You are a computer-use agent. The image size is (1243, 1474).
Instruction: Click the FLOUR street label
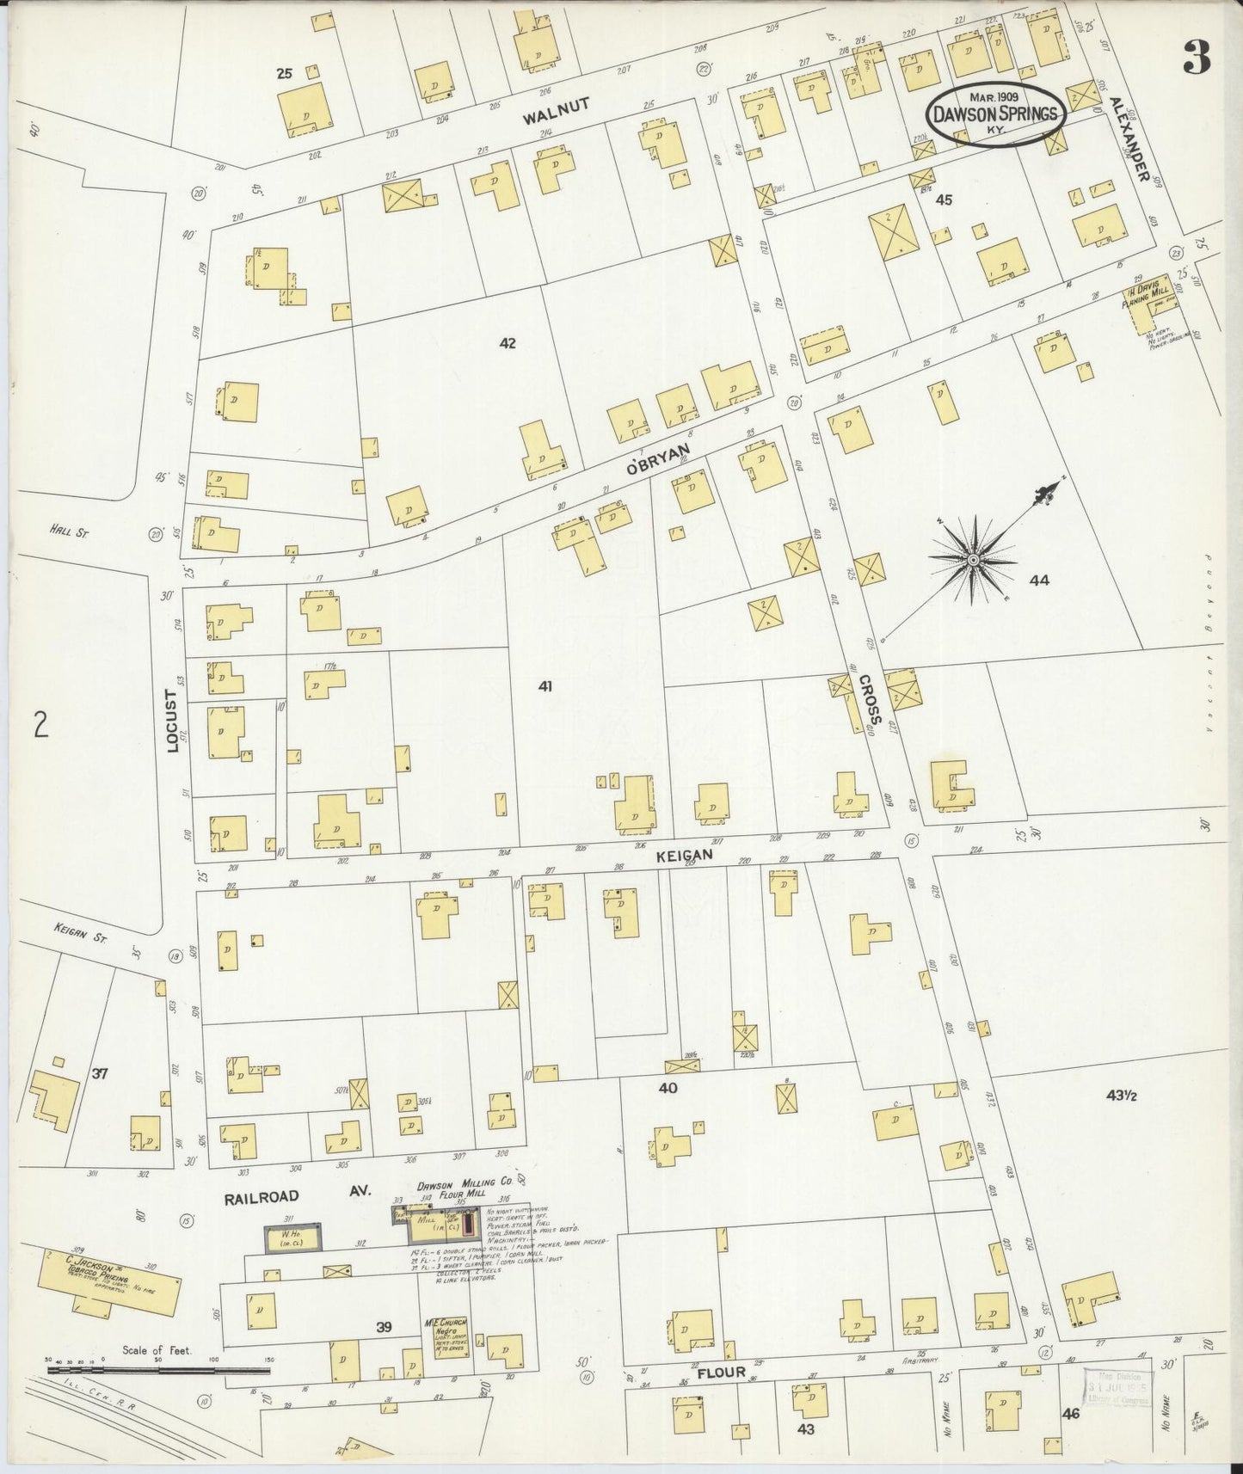(x=721, y=1373)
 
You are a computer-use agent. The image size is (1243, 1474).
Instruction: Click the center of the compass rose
(x=974, y=560)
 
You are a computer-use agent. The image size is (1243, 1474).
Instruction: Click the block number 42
(x=508, y=343)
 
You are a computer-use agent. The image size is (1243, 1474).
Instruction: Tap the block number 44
(x=1039, y=580)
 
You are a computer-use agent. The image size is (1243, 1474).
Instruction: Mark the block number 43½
(x=1122, y=1096)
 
